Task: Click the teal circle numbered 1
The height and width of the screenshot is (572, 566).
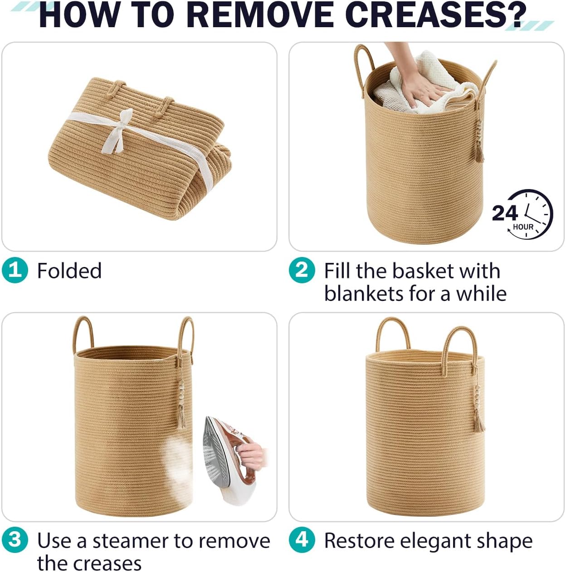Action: point(15,270)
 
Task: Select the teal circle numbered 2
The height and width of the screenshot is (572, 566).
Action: point(302,270)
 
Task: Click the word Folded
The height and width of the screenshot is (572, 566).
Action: point(69,271)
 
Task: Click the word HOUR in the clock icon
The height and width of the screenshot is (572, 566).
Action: point(523,227)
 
